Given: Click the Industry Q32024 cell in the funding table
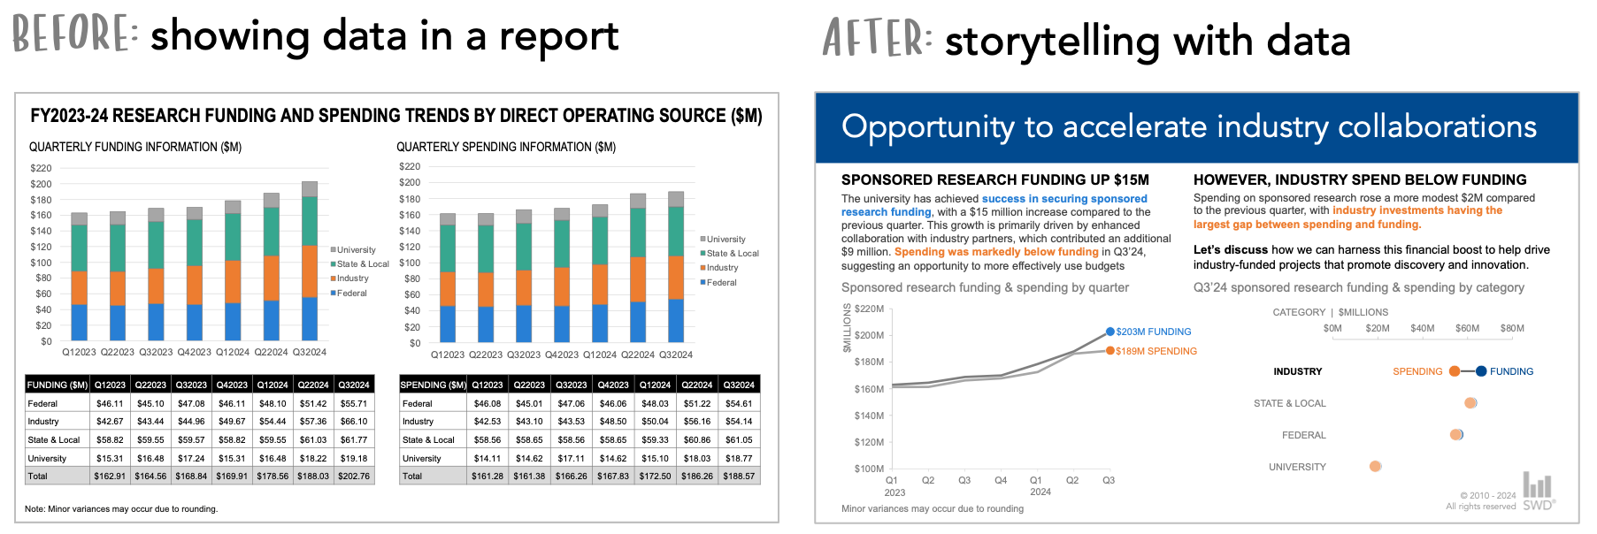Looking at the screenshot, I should [x=354, y=422].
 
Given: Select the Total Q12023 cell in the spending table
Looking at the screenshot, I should [x=487, y=476].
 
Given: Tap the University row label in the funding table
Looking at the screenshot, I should [x=47, y=458].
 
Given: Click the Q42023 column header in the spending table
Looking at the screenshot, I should [x=613, y=385].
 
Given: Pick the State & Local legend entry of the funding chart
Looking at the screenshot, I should [x=363, y=263].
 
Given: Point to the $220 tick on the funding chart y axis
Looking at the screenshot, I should [x=41, y=168].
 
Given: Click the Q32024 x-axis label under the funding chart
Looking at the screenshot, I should [x=310, y=352].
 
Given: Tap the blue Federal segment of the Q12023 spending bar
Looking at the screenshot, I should [x=448, y=324].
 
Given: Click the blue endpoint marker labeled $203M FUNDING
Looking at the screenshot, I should [x=1110, y=332].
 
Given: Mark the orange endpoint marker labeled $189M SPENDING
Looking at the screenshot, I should [x=1109, y=351].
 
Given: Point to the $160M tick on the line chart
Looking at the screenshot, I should [x=869, y=389].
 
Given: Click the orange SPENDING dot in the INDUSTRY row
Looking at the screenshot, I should [x=1455, y=371].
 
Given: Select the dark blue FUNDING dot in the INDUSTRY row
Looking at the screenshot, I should [x=1481, y=371].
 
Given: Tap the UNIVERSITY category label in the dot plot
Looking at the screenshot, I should [x=1297, y=467].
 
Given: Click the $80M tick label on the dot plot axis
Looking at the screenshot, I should [x=1512, y=328].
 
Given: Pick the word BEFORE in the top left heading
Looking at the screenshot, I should [x=73, y=34].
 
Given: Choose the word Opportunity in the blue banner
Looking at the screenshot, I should [x=927, y=127].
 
